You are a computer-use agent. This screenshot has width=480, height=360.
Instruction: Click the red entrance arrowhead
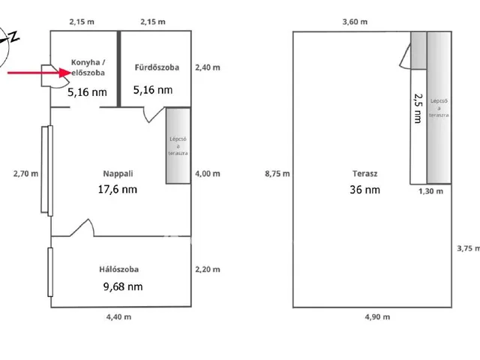click(65, 73)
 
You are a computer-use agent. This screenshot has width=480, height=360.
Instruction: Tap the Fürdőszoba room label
click(157, 67)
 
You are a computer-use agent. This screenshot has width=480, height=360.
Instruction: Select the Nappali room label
click(118, 174)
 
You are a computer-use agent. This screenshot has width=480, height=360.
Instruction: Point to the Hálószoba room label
click(118, 269)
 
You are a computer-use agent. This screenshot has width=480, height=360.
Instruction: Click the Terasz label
click(365, 173)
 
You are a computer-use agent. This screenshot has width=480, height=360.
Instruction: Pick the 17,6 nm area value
click(118, 189)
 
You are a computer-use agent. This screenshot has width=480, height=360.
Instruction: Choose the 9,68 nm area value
click(123, 286)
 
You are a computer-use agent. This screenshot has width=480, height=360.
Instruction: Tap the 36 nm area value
click(365, 190)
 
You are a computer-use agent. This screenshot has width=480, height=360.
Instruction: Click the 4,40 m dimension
click(118, 316)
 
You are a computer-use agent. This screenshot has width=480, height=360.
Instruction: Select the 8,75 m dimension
click(277, 174)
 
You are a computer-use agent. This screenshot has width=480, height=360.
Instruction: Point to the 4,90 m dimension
click(377, 316)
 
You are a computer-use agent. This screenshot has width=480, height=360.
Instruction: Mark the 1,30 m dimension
click(430, 191)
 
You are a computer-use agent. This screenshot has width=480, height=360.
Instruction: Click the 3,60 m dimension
click(355, 22)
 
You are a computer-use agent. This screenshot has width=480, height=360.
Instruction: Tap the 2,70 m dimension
click(25, 174)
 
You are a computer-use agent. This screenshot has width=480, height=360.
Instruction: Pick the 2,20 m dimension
click(208, 269)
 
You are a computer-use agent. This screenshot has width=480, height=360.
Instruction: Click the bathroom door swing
click(153, 115)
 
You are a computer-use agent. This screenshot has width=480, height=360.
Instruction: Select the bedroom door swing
click(82, 228)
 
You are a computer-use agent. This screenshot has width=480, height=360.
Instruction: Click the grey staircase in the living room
click(178, 145)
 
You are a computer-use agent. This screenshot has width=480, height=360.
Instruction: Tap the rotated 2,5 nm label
click(418, 108)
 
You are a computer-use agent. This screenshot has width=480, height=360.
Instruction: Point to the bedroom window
click(50, 272)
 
